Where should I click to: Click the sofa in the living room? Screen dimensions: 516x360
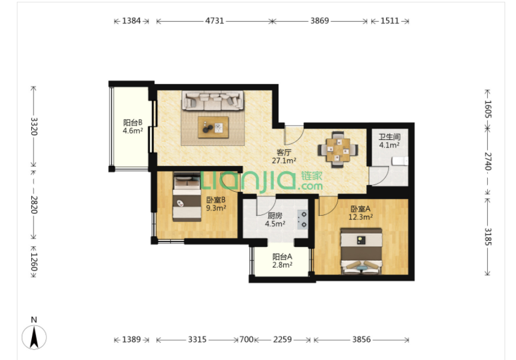[213, 100]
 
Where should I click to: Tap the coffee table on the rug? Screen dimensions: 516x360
[213, 127]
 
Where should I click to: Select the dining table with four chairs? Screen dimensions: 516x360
[338, 150]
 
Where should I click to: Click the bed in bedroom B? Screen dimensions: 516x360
[187, 197]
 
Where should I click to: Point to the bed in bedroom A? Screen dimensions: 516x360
[361, 251]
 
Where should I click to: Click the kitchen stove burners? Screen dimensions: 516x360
[303, 219]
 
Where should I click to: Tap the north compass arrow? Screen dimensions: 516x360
[34, 337]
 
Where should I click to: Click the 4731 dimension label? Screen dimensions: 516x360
[215, 20]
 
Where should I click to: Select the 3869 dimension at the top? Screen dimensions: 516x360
[319, 20]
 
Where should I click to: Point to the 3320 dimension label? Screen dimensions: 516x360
[34, 127]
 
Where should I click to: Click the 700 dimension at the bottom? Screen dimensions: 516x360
[247, 340]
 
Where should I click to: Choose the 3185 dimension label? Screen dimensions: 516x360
[488, 237]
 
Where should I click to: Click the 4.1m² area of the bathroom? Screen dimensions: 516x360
[389, 145]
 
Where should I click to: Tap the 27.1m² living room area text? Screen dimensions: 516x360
[284, 160]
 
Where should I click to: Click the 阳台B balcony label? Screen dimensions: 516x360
[133, 123]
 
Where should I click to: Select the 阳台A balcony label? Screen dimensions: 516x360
[282, 257]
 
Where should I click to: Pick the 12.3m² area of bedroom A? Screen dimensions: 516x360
[361, 217]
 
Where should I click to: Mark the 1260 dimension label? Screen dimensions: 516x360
[34, 261]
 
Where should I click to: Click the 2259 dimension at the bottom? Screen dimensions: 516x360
[282, 340]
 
